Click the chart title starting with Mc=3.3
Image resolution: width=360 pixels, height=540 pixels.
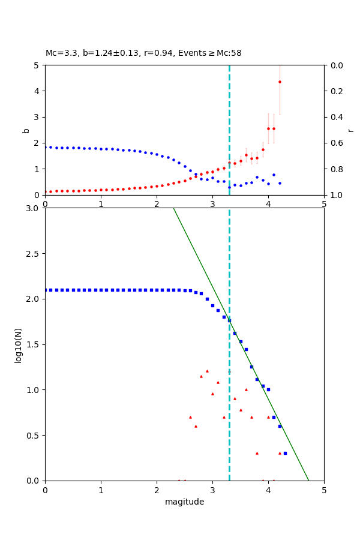pyautogui.click(x=143, y=53)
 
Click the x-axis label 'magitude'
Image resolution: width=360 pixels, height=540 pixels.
pyautogui.click(x=184, y=502)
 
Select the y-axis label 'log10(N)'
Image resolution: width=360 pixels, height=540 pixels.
pyautogui.click(x=18, y=344)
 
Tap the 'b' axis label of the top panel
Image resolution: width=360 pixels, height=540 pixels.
pyautogui.click(x=26, y=130)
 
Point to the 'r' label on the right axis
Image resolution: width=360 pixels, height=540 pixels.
pyautogui.click(x=350, y=130)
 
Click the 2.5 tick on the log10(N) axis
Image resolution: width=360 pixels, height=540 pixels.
pyautogui.click(x=35, y=254)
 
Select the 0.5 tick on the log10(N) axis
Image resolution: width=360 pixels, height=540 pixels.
pyautogui.click(x=35, y=436)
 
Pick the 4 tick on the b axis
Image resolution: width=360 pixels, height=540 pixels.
pyautogui.click(x=37, y=91)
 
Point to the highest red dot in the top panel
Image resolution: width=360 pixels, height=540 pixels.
pyautogui.click(x=280, y=82)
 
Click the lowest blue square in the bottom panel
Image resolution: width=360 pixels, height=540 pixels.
pyautogui.click(x=285, y=453)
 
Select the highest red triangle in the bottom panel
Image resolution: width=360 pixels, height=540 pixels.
pyautogui.click(x=207, y=371)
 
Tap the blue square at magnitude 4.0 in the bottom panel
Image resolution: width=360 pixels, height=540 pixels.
pyautogui.click(x=268, y=389)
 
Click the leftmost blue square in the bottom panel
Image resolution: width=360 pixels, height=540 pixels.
pyautogui.click(x=46, y=290)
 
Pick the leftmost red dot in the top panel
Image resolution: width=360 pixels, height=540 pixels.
pyautogui.click(x=46, y=192)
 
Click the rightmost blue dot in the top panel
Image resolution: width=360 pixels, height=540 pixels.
pyautogui.click(x=280, y=183)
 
